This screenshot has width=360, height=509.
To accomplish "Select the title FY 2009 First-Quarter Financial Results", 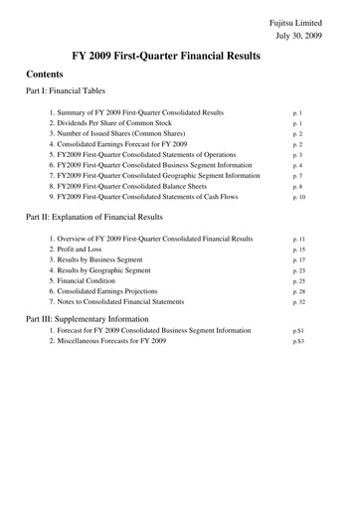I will (x=180, y=58).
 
